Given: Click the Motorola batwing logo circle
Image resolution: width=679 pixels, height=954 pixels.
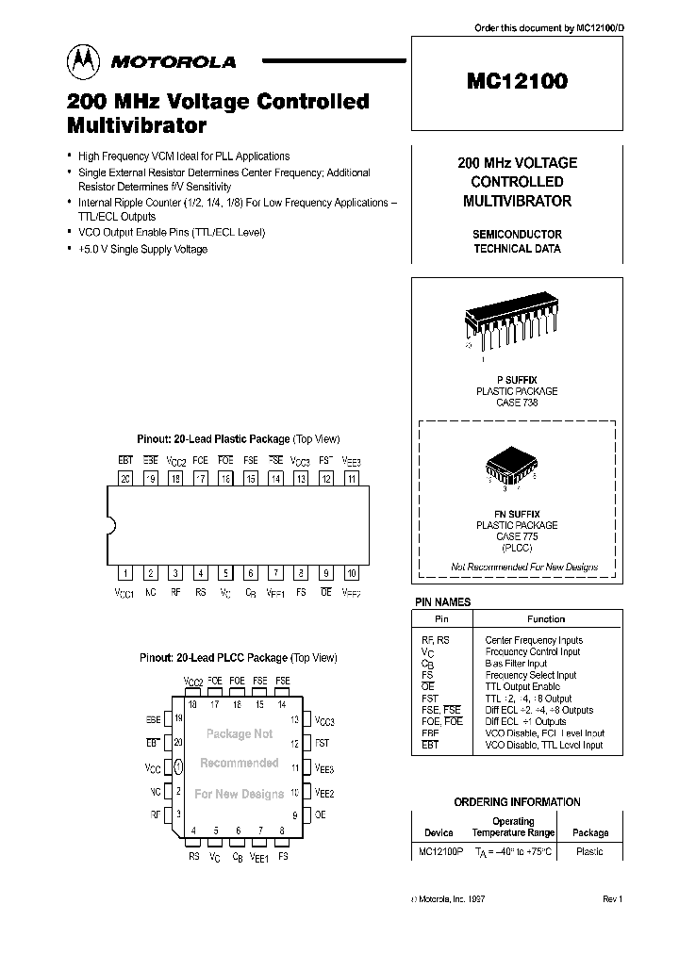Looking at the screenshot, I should [x=84, y=62].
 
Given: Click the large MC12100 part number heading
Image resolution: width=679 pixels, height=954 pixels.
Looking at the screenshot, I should [x=517, y=81].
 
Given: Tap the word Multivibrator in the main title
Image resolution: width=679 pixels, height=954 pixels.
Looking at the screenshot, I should [x=137, y=123].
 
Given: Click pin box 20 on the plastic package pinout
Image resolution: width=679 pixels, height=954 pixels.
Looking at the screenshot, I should [x=124, y=479].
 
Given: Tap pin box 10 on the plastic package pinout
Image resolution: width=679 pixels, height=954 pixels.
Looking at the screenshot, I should [x=351, y=572].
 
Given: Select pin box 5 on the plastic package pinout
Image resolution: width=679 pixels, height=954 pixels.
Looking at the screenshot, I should [x=225, y=572].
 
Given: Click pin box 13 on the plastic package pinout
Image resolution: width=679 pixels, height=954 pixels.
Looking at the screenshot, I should [x=301, y=479].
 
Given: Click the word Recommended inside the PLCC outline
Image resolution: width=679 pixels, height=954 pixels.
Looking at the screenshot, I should [x=239, y=763].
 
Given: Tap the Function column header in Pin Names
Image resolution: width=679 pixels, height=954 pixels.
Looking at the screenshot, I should [x=546, y=619].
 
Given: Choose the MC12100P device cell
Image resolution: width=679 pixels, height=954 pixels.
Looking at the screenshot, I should [x=439, y=851].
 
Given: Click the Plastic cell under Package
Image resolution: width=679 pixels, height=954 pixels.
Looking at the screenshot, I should [x=590, y=851].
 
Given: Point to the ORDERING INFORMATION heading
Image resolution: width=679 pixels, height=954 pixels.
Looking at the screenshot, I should [x=517, y=802].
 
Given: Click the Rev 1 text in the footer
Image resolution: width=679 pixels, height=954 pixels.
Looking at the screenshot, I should [x=612, y=900].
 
